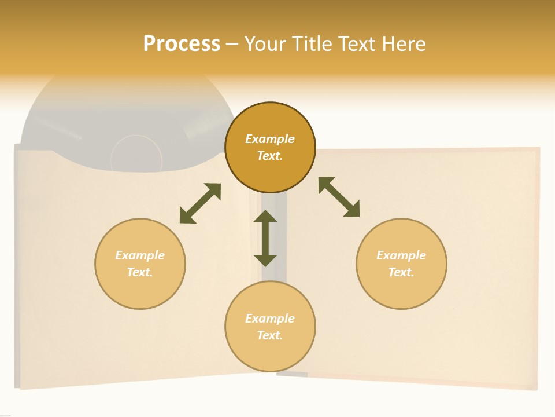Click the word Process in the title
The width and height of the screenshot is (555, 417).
(x=182, y=43)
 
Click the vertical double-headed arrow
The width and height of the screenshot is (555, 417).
(x=265, y=238)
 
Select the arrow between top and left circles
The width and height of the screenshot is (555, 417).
(x=200, y=203)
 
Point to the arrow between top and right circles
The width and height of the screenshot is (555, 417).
(x=339, y=197)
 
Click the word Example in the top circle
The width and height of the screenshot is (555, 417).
(x=270, y=139)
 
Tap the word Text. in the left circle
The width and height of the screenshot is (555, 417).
(x=140, y=272)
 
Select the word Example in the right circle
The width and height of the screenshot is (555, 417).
(x=401, y=255)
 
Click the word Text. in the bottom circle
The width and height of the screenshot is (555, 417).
(x=270, y=335)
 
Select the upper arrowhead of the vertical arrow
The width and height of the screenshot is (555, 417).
(x=265, y=217)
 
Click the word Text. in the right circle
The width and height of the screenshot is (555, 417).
(x=401, y=272)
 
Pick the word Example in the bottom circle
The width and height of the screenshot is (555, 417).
(x=270, y=319)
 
